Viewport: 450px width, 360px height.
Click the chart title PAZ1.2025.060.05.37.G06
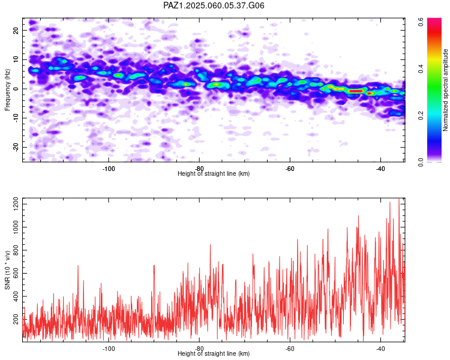[214, 5]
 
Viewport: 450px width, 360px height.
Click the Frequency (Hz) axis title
[7, 90]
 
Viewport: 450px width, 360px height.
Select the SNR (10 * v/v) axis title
[7, 270]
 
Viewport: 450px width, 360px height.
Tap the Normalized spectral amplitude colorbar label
[445, 90]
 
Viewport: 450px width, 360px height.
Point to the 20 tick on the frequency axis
[16, 30]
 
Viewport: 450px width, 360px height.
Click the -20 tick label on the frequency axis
[16, 148]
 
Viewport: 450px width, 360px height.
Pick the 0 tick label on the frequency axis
[16, 89]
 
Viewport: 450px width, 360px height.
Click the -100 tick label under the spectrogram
[108, 169]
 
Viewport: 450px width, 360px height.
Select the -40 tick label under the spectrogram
[380, 169]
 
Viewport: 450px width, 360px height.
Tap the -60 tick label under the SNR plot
[290, 349]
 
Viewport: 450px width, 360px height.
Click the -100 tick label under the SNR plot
[108, 349]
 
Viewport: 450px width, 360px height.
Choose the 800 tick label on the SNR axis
[16, 250]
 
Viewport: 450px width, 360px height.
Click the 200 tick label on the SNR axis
[16, 319]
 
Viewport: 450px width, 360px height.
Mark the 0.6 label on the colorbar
[421, 22]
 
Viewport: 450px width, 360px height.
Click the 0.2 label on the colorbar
[421, 116]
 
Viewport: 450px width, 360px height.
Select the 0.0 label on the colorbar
[421, 162]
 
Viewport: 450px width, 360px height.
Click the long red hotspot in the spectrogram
[356, 91]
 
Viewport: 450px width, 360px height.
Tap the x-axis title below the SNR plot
[214, 353]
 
